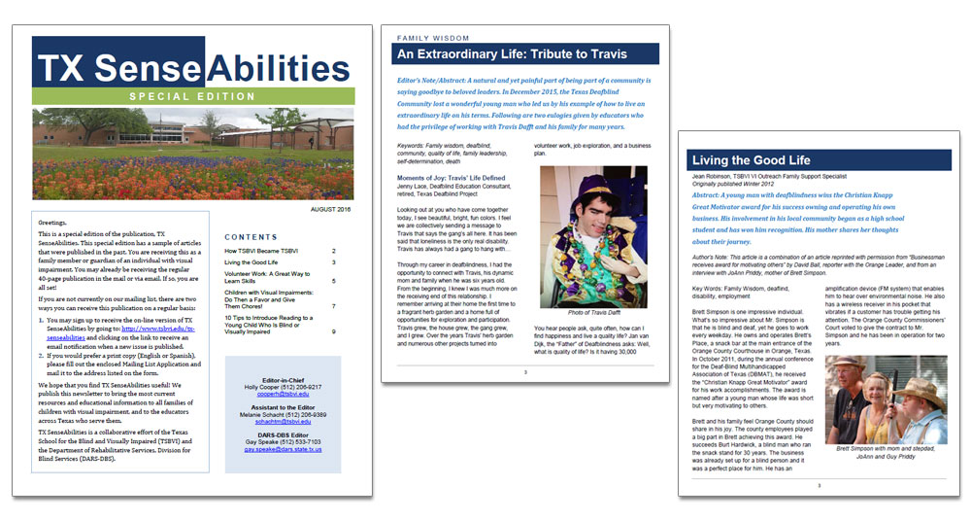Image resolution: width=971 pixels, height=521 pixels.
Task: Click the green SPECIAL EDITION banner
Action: (190, 96)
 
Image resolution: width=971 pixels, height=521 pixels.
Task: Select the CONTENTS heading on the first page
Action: (251, 236)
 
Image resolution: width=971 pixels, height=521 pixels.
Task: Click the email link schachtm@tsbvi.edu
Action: (284, 421)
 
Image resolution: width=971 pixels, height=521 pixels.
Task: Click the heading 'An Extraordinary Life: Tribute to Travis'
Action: (513, 54)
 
